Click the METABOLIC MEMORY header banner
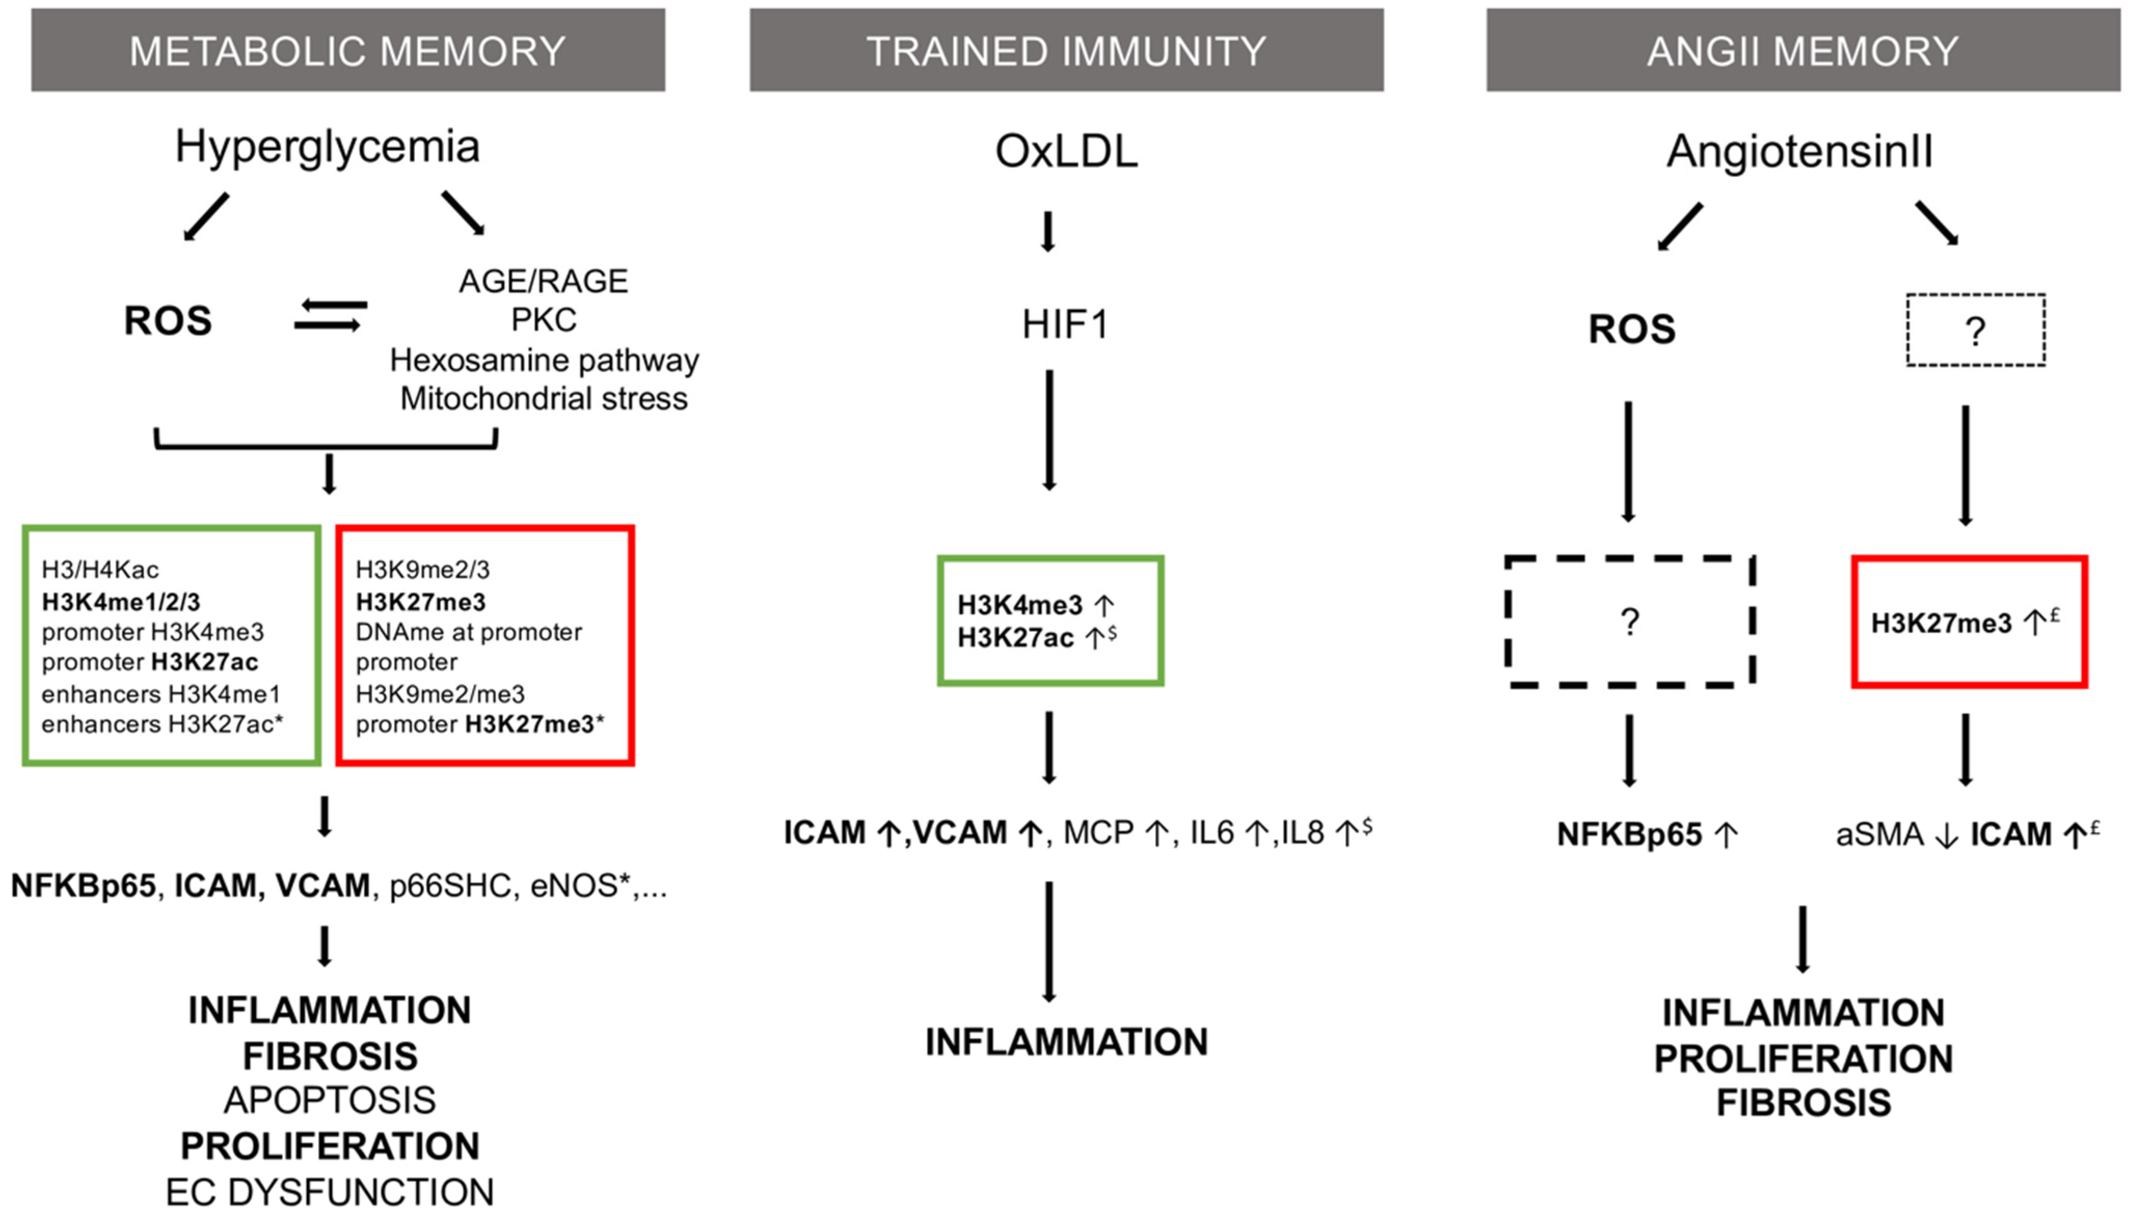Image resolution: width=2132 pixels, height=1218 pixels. (348, 50)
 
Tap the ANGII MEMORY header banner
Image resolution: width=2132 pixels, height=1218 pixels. (1802, 50)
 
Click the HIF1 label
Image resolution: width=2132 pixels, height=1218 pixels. (1065, 324)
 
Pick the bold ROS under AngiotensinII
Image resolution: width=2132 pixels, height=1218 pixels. (1631, 329)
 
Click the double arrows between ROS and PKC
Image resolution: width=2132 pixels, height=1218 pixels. (330, 315)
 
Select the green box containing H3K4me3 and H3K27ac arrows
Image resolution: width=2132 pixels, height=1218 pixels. (1050, 621)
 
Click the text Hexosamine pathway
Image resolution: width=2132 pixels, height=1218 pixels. (544, 360)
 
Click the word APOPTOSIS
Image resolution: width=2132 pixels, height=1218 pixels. (330, 1101)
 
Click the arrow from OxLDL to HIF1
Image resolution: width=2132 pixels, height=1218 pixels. (1047, 232)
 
